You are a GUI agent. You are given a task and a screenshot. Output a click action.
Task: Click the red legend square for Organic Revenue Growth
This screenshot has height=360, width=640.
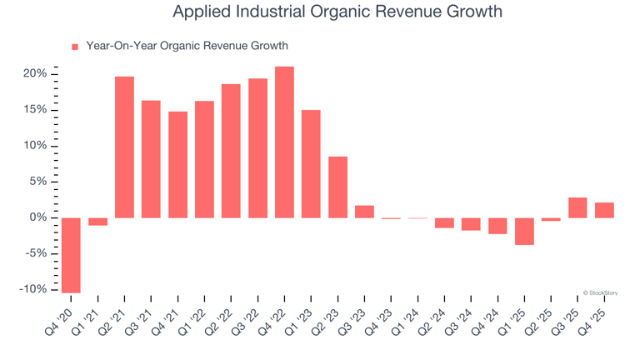point(75,47)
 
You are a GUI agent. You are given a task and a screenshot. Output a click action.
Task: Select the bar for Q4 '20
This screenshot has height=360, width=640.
point(71,255)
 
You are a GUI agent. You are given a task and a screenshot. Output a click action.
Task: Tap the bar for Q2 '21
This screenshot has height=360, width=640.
point(124,147)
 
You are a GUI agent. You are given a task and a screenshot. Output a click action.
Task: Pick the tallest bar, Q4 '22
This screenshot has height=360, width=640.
point(284,142)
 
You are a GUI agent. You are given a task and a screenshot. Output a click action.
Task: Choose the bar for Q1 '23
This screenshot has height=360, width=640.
point(311,164)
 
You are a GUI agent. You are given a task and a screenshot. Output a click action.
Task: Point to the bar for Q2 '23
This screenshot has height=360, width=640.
point(337,187)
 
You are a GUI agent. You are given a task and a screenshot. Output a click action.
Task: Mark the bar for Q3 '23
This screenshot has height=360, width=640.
point(364,212)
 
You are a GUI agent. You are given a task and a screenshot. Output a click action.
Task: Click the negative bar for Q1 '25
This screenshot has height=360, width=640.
point(524,231)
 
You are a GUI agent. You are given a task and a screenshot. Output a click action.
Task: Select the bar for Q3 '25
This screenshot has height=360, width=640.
point(577,207)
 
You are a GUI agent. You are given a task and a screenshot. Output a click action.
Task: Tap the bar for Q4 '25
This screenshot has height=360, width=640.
point(604,210)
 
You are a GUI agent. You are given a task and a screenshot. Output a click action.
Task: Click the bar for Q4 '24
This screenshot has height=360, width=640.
point(497,226)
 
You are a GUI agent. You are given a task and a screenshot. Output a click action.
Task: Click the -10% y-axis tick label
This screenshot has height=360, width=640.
point(33,289)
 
